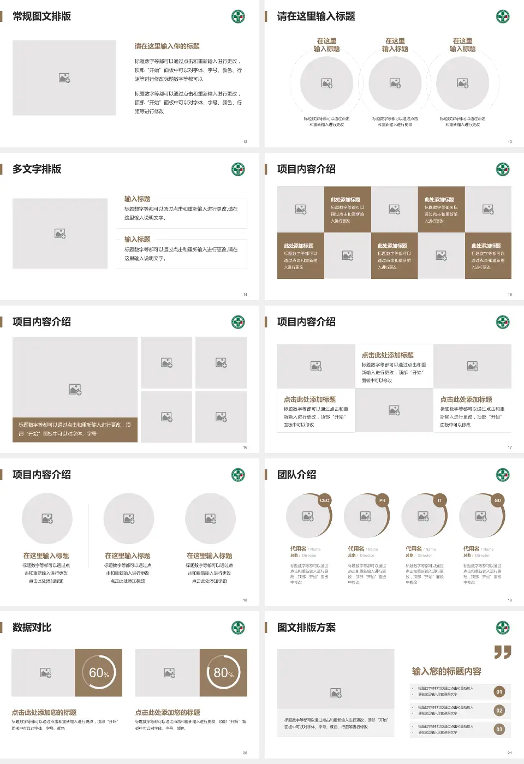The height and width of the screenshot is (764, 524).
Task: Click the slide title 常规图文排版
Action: [x=41, y=16]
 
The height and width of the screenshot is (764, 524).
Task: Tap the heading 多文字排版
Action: [x=37, y=169]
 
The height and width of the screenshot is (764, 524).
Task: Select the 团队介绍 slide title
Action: [x=296, y=475]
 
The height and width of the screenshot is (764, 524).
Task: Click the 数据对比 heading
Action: [x=32, y=628]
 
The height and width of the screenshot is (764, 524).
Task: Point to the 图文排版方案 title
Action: [x=306, y=628]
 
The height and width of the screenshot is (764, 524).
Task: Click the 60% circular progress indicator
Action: [x=99, y=673]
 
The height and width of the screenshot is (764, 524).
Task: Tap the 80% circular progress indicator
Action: [x=223, y=673]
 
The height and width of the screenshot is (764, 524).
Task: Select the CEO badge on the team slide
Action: [x=325, y=500]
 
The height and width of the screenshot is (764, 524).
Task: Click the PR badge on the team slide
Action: [x=382, y=500]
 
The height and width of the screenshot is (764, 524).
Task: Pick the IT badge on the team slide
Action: [x=440, y=500]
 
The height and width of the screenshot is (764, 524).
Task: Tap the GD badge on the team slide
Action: [x=497, y=500]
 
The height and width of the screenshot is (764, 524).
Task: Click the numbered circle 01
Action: [x=499, y=692]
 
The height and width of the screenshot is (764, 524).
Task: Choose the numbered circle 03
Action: [x=499, y=729]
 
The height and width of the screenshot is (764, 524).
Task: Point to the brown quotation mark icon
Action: [x=503, y=652]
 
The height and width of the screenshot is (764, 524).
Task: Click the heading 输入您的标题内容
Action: [x=446, y=671]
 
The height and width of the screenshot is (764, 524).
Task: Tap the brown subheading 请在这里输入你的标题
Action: [x=167, y=46]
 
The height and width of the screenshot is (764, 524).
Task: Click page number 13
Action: [x=510, y=142]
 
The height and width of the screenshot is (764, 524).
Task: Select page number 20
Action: [x=245, y=753]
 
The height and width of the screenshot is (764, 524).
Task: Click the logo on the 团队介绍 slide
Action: [x=503, y=475]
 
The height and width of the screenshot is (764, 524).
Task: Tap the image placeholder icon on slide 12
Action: [x=64, y=78]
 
